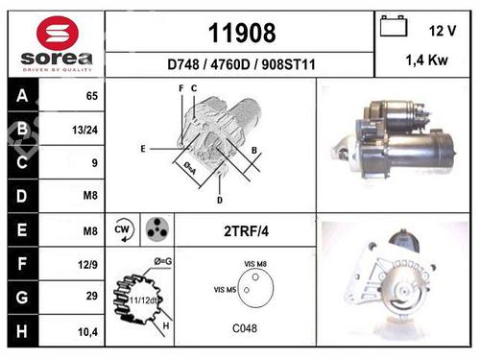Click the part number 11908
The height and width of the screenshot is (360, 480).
[242, 34]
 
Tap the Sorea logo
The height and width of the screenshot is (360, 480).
[56, 45]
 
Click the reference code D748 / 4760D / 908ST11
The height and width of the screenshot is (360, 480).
[242, 65]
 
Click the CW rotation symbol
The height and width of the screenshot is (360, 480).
[122, 229]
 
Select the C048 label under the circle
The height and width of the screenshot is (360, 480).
[244, 326]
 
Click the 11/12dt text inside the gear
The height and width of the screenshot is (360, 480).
[143, 300]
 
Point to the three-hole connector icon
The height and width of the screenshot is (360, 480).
[156, 229]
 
